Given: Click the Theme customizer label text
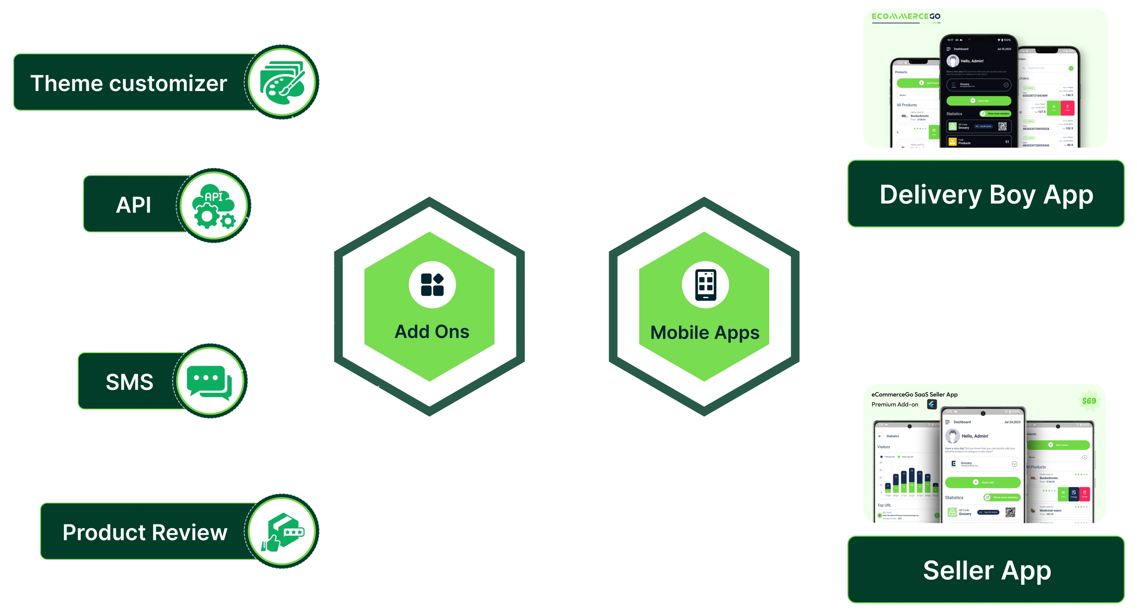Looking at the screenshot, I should point(128,84).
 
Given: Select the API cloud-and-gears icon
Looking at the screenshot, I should point(214,206).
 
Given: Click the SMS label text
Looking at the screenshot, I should point(130,382).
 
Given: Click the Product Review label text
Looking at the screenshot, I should point(145,532).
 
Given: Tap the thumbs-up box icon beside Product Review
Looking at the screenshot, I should point(283,532).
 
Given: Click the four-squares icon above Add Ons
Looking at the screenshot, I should point(432,284).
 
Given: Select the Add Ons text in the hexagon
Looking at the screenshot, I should point(432,332).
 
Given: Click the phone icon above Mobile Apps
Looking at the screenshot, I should point(705,284).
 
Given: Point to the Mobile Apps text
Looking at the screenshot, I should point(705,333).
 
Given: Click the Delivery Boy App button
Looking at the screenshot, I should point(986,194).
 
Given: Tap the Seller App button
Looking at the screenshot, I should point(986,570).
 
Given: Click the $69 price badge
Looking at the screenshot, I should point(1089,401).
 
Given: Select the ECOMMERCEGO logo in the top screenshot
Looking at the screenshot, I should point(906,17).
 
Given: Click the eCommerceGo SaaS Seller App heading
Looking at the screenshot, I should point(914,394).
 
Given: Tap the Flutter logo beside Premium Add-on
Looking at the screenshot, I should point(932,404).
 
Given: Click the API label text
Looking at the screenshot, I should point(133,205).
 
